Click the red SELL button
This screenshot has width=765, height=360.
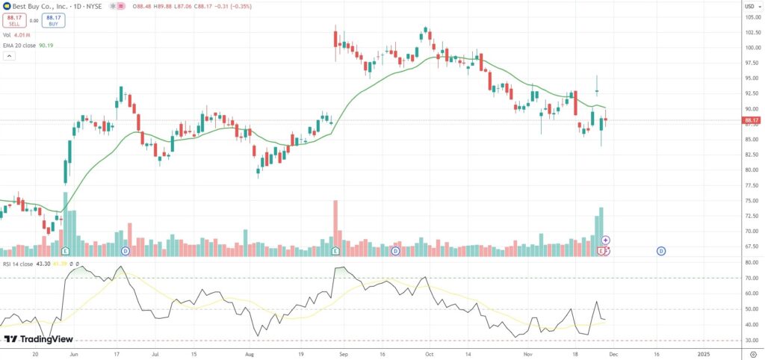[14, 21]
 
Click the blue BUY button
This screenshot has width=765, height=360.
[54, 21]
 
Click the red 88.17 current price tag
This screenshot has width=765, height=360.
[752, 120]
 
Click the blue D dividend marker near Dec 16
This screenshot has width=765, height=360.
[661, 251]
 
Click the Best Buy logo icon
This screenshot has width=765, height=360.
[7, 6]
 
